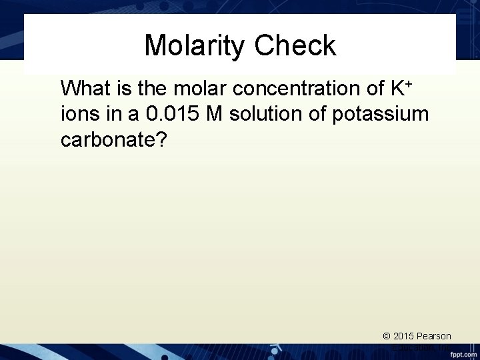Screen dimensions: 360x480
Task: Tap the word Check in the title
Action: (x=295, y=46)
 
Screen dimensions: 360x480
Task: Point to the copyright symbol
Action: (x=387, y=337)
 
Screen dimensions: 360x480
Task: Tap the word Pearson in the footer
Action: (x=435, y=337)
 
